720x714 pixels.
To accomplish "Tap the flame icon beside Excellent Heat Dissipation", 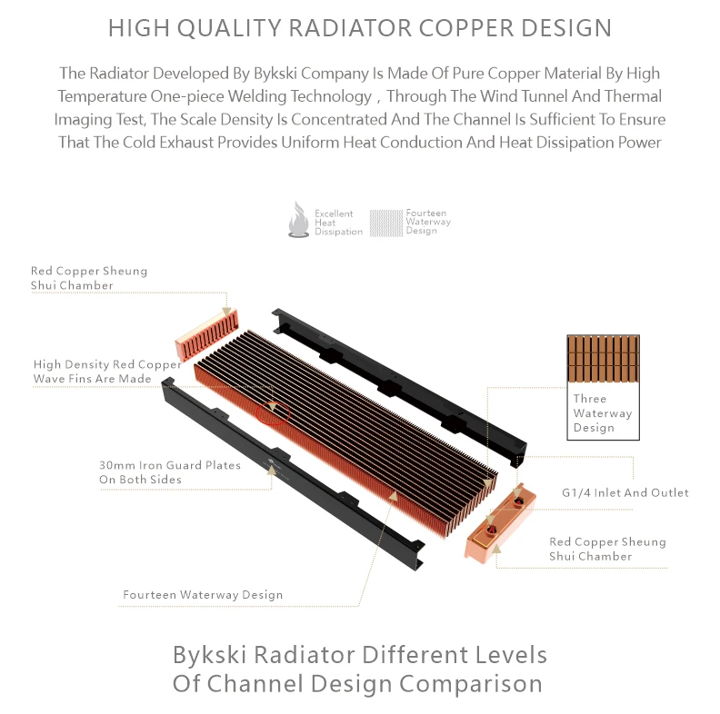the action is (x=298, y=221).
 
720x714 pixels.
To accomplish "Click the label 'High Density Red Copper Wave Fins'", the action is (x=107, y=372).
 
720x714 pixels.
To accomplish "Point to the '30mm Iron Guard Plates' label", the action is (x=170, y=471).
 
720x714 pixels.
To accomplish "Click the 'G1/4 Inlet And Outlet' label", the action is (x=625, y=492).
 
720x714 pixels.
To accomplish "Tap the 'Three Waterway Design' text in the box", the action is (x=602, y=412).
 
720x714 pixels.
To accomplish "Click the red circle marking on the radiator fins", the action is (x=275, y=412).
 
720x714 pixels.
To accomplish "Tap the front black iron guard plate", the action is (x=291, y=472).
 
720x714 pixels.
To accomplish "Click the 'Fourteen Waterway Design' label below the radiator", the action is (x=203, y=595).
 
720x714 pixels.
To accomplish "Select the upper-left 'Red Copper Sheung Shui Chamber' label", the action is (x=88, y=278).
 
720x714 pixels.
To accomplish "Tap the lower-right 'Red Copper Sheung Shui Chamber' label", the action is (x=607, y=549).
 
